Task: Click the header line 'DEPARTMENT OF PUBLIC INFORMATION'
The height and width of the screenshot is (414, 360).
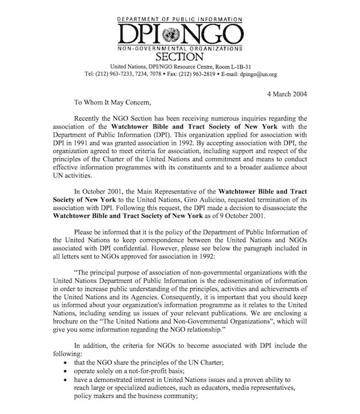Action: pyautogui.click(x=181, y=17)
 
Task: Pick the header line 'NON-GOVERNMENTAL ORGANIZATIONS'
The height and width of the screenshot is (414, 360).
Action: pyautogui.click(x=181, y=46)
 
